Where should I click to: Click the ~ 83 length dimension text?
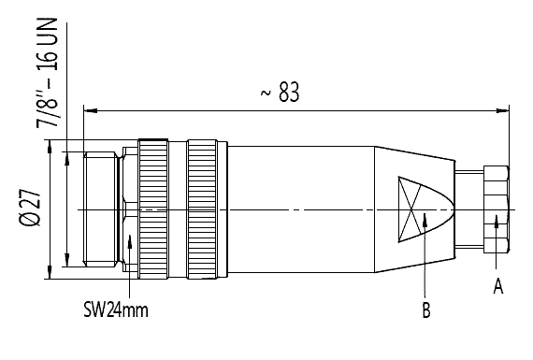(281, 92)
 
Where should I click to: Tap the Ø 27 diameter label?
(30, 208)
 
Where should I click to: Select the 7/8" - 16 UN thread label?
(47, 73)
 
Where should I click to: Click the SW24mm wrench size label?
(116, 310)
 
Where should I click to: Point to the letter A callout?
(498, 285)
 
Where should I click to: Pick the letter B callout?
(425, 310)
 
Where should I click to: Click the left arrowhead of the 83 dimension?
(91, 110)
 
